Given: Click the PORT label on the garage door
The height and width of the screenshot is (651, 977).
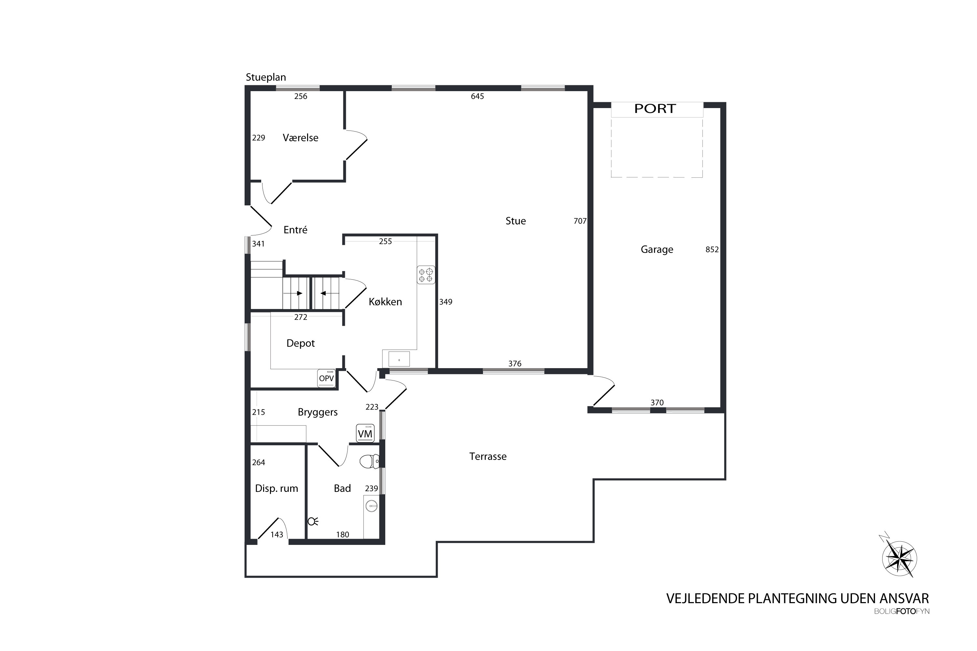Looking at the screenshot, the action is (x=655, y=109).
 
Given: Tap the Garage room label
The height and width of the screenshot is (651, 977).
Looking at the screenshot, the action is (x=657, y=250).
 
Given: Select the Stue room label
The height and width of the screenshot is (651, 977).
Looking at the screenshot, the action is (x=516, y=221).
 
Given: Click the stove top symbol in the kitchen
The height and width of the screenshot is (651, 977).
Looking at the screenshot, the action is (x=426, y=275).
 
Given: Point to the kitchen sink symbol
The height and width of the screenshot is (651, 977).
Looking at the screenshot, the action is (x=399, y=359).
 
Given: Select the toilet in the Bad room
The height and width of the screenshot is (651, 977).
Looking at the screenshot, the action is (x=369, y=461).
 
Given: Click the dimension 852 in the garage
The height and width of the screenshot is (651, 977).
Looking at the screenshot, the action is (x=712, y=250).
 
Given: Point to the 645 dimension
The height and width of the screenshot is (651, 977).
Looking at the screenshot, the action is (x=477, y=96).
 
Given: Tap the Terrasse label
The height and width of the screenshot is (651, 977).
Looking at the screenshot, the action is (x=488, y=457).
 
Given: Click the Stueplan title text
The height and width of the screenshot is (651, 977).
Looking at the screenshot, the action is (x=266, y=77).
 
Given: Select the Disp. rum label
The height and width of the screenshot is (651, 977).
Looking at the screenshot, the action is (x=276, y=489).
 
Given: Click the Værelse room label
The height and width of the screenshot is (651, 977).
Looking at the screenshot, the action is (x=300, y=138).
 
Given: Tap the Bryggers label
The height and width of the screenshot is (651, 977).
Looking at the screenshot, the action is (x=318, y=412).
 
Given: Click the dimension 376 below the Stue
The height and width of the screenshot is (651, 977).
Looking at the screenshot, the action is (x=515, y=364).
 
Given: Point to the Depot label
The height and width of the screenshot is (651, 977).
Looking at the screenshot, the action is (x=301, y=343).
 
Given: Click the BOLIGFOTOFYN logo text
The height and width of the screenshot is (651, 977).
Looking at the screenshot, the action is (x=902, y=612).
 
